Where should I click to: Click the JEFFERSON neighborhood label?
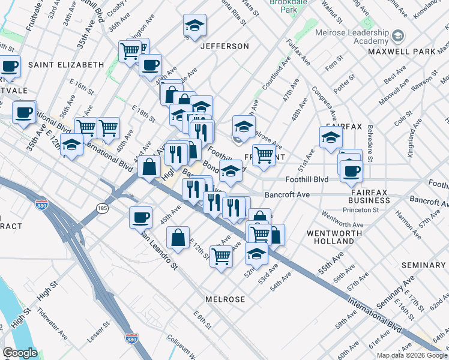tap(224, 46)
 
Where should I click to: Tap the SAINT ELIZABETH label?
tap(66, 64)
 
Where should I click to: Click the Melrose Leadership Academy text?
tap(362, 36)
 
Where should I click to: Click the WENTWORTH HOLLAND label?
tap(334, 236)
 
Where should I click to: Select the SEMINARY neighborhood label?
tap(424, 265)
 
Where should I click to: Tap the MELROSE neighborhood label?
tap(224, 299)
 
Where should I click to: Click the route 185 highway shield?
tap(101, 208)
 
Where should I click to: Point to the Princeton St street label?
tap(361, 210)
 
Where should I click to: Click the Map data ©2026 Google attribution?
tap(411, 355)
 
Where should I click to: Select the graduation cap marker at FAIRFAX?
tap(331, 137)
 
